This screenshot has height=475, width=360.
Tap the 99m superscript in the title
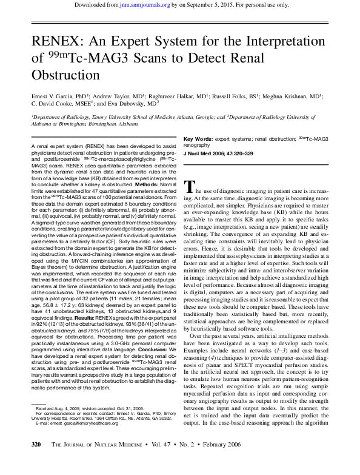pyautogui.click(x=56, y=55)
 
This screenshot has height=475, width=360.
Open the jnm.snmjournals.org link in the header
pyautogui.click(x=159, y=5)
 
